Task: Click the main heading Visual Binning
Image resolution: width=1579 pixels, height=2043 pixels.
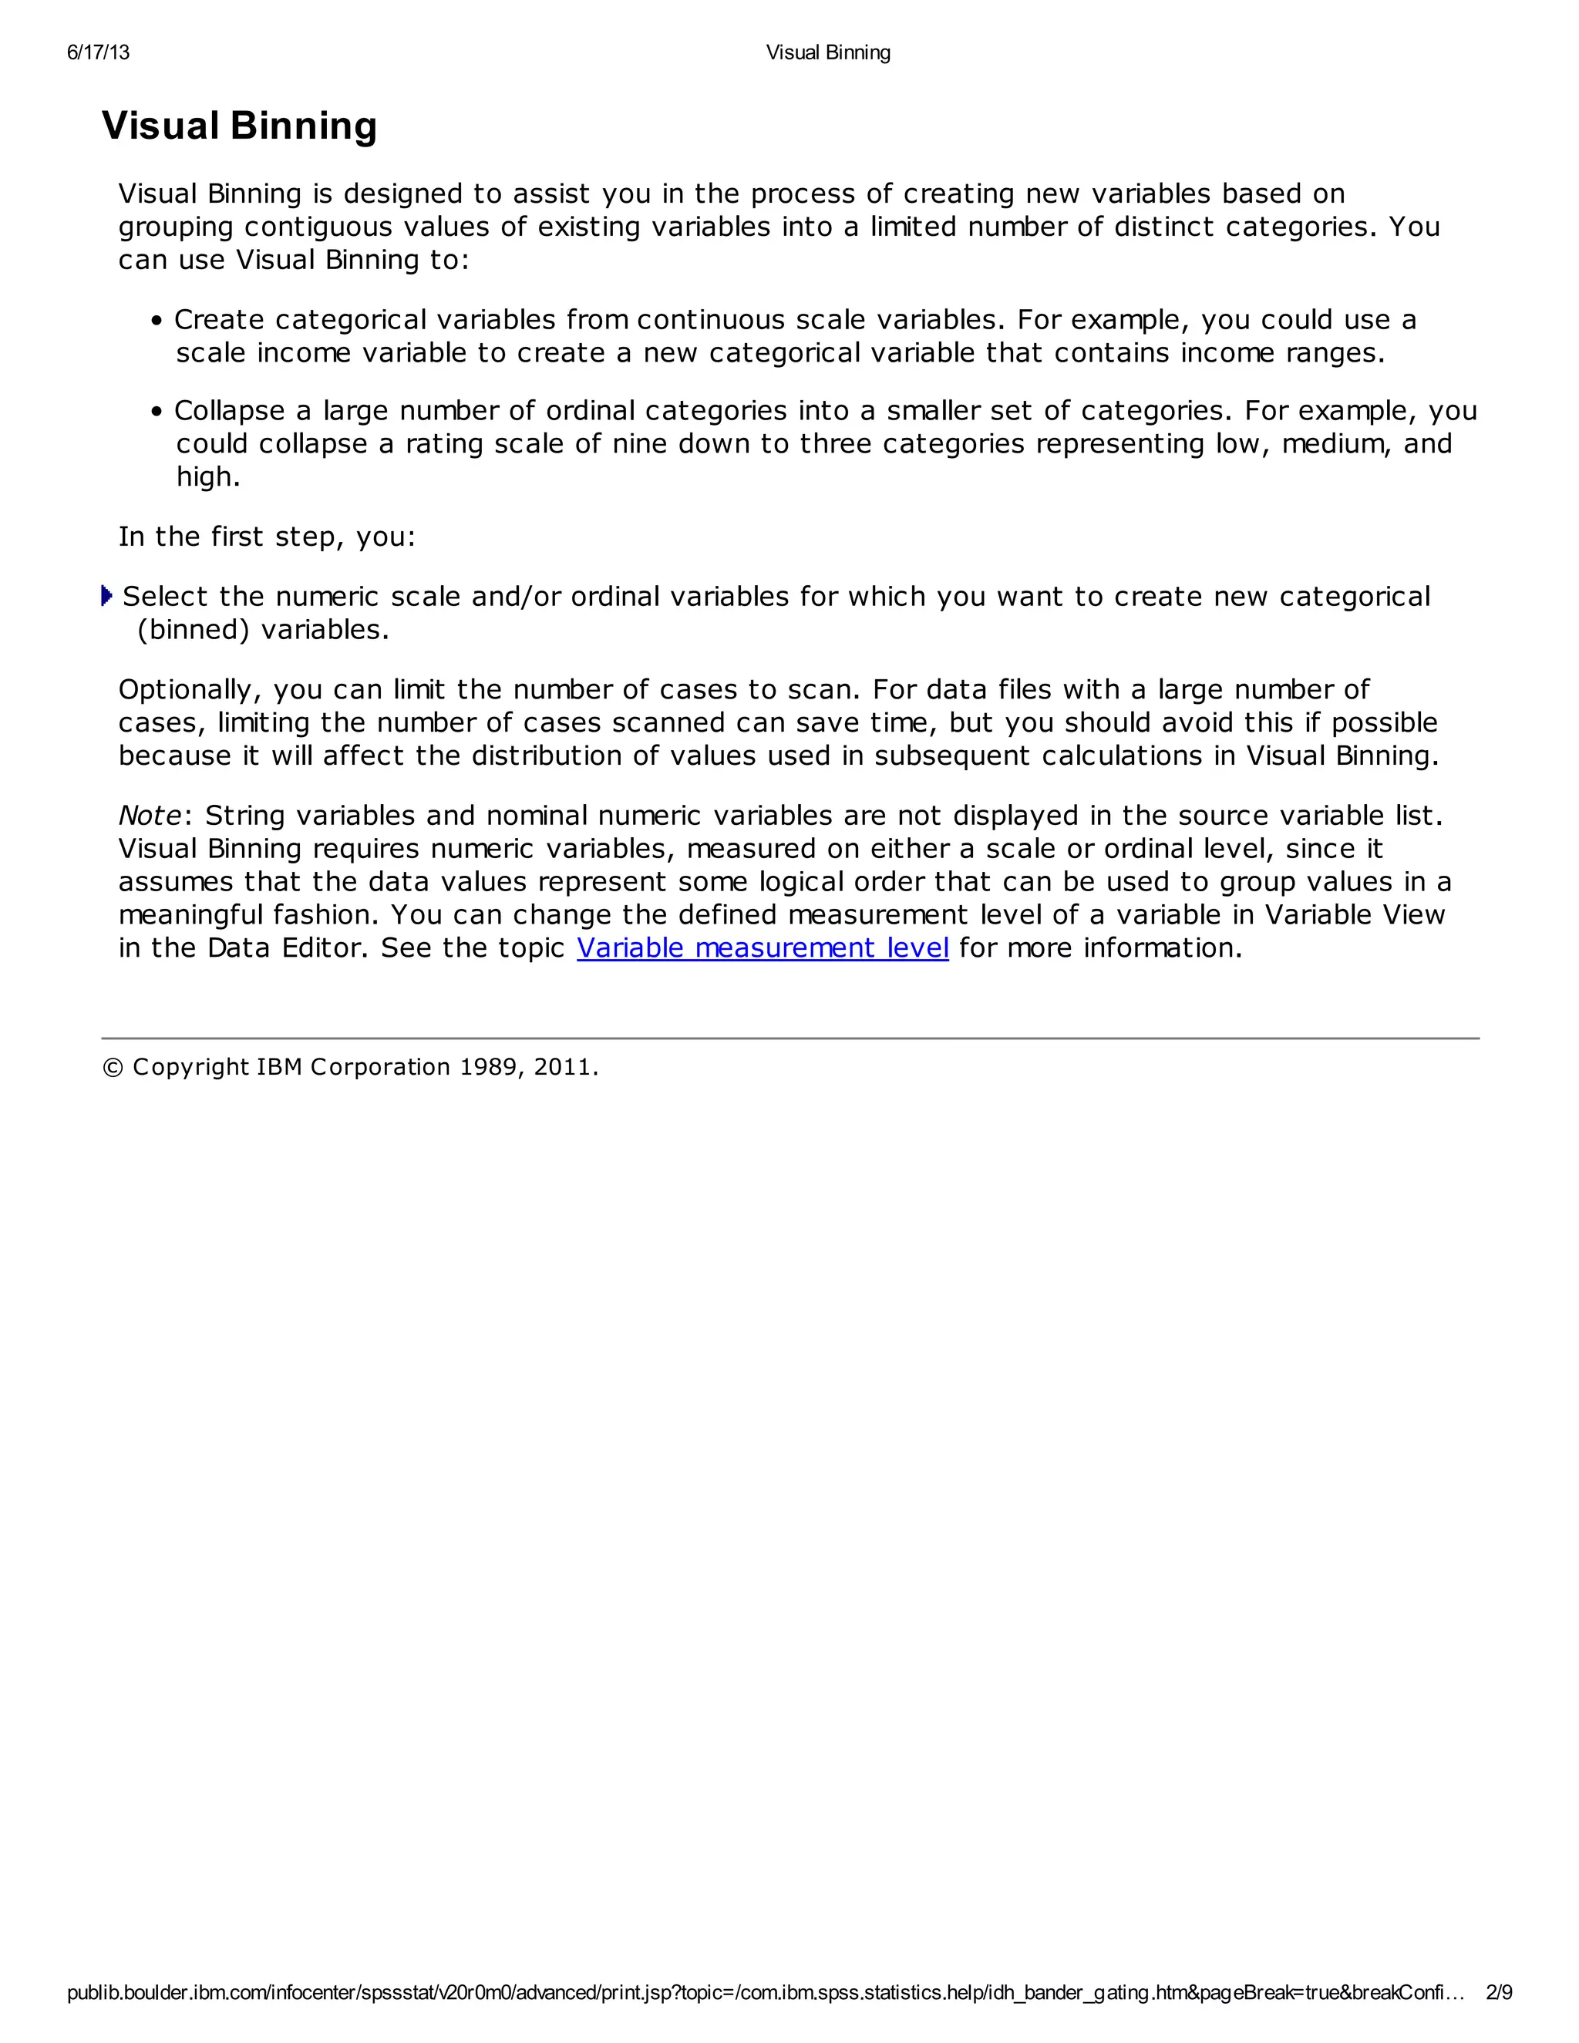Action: [240, 126]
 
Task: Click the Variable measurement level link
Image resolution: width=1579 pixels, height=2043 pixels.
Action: [763, 947]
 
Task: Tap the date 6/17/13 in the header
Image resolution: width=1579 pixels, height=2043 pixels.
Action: [98, 52]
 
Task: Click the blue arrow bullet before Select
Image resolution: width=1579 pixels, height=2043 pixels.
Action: [106, 596]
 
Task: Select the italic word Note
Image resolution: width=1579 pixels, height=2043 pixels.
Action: [150, 816]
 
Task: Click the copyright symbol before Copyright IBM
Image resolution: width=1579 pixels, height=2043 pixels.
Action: [113, 1067]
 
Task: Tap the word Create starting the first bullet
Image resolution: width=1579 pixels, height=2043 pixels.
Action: [219, 320]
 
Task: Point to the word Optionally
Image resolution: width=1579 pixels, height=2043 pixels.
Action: [190, 690]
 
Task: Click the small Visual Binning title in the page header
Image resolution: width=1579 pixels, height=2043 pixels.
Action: [828, 52]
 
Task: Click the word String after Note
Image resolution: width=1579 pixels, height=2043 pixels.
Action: [245, 816]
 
